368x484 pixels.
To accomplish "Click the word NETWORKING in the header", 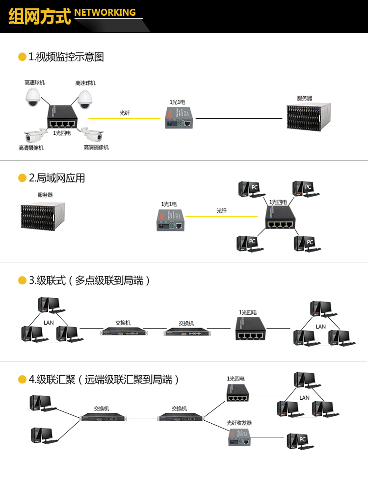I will coord(105,12).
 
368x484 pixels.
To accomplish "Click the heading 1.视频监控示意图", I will coord(66,57).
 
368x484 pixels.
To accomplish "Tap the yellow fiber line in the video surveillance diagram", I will coord(125,118).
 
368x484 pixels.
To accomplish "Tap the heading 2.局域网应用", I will coord(57,178).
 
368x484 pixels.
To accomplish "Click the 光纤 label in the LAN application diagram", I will coord(222,210).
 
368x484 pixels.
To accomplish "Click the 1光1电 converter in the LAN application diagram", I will coord(171,219).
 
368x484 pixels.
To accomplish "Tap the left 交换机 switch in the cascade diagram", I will coord(123,332).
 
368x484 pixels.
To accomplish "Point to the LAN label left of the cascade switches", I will coord(49,323).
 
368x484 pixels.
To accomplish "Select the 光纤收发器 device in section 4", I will coord(240,436).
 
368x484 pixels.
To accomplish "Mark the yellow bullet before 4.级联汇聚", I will coord(22,380).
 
